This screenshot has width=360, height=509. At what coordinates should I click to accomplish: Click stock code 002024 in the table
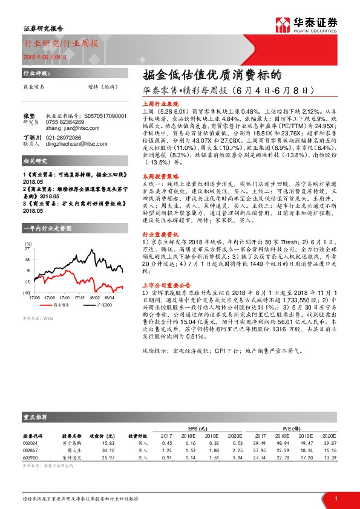(31, 444)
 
